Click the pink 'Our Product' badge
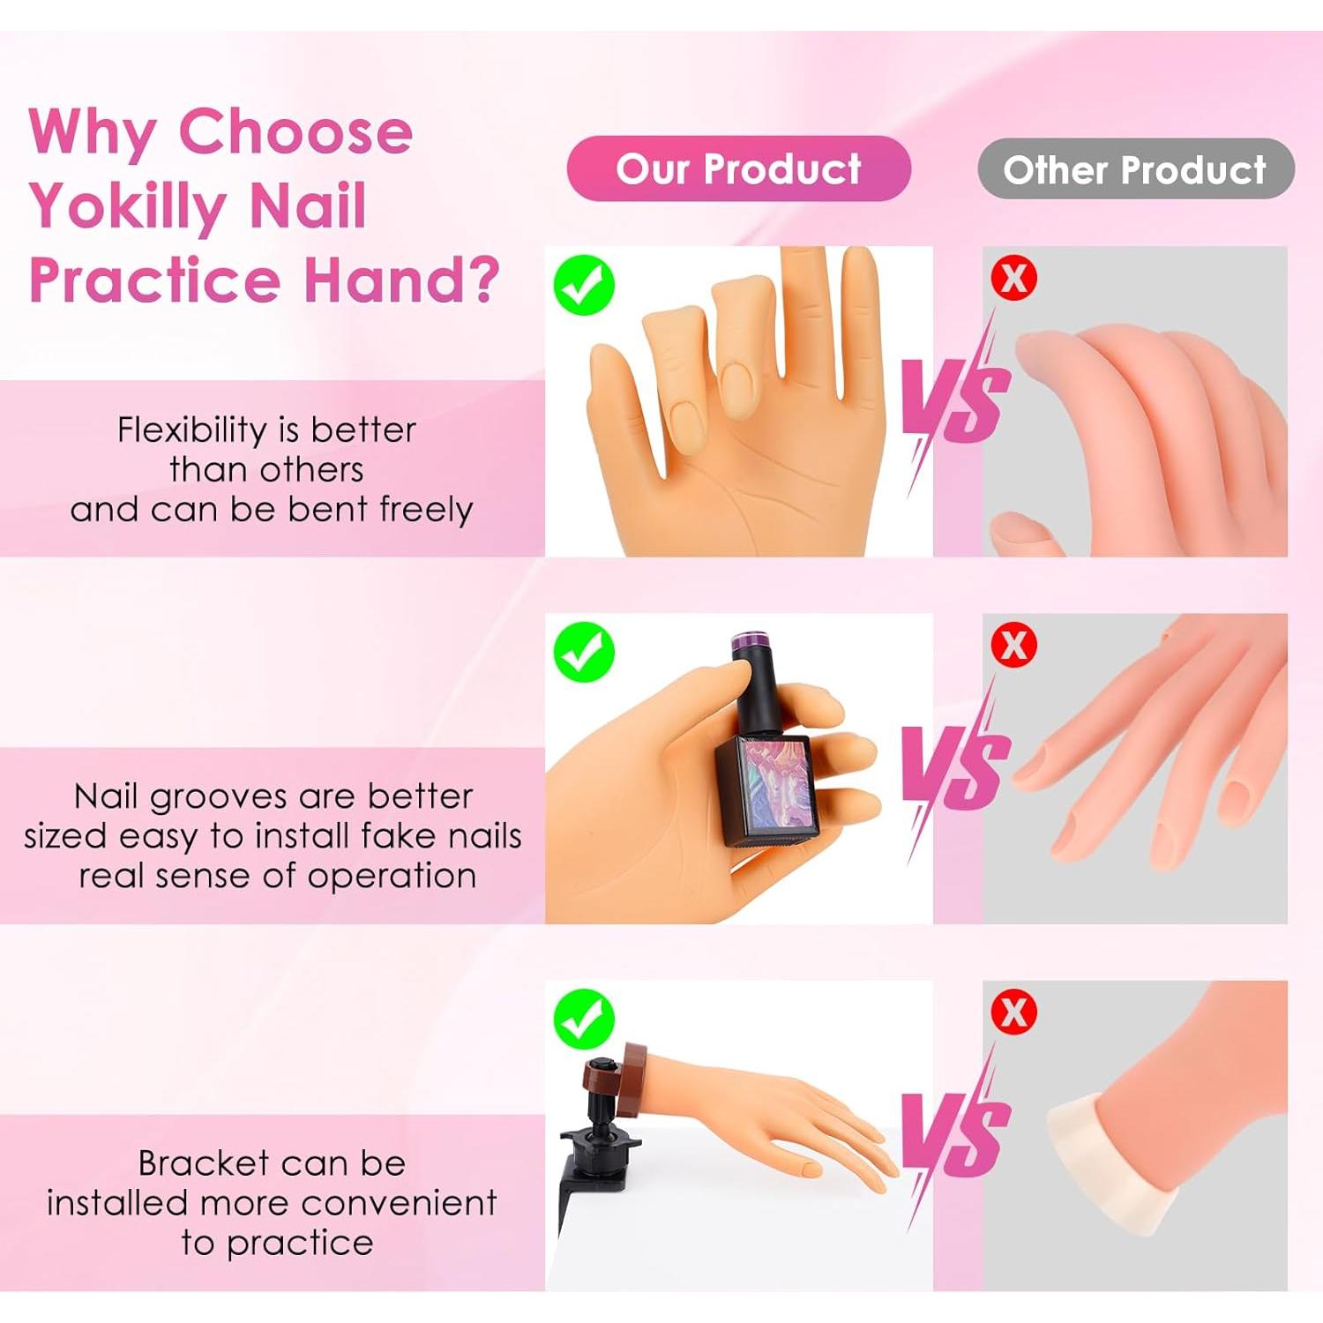[738, 168]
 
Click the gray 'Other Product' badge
[1135, 169]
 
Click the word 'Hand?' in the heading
[402, 280]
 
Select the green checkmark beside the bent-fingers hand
[584, 285]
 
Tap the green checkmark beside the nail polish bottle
[584, 652]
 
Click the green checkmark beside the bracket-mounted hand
[584, 1019]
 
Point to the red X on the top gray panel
[1013, 279]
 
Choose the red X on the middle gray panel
[1013, 645]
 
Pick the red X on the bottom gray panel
[1013, 1012]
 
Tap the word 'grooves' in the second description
[207, 797]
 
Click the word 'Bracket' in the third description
[203, 1163]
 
